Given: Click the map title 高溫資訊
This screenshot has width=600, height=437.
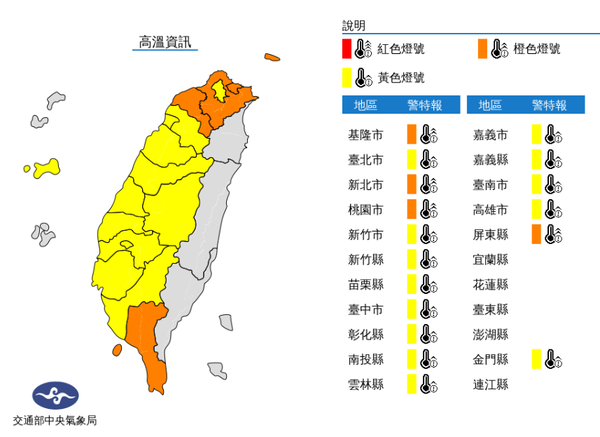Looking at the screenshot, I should [165, 42].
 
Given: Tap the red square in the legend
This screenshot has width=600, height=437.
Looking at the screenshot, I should [347, 49].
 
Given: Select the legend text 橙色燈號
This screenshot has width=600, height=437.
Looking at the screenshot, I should [536, 49].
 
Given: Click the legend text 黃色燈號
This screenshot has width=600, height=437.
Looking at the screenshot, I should [401, 77].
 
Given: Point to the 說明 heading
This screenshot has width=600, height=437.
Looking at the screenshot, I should [354, 26].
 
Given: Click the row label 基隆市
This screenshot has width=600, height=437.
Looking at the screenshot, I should [365, 135].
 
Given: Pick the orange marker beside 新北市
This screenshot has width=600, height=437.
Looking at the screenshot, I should [412, 184].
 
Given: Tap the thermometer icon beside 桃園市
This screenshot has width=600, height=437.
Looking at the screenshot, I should [428, 210].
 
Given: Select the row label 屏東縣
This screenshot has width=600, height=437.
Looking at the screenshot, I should [490, 234].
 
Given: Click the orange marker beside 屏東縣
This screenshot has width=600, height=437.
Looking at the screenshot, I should [536, 234].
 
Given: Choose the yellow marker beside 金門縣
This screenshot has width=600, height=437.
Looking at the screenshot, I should [536, 359].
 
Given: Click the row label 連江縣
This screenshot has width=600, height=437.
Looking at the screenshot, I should [490, 384].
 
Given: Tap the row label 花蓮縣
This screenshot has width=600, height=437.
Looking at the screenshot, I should [490, 284].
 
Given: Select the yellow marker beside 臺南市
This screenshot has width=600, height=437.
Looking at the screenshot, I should [536, 184].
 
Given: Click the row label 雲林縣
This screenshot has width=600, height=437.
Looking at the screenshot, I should [365, 384].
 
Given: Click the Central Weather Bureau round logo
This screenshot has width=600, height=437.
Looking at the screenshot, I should [55, 396].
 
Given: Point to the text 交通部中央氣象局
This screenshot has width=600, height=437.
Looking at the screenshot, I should [55, 421].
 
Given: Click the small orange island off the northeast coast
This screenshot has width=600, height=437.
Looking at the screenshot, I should [272, 58].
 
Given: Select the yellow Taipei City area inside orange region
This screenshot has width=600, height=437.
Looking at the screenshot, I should [220, 91].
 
